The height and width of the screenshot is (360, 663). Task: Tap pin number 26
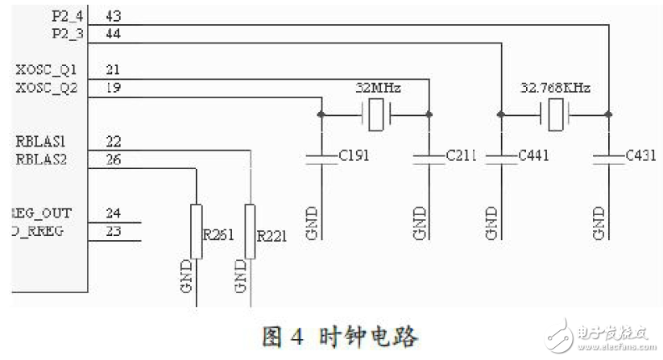(x=114, y=159)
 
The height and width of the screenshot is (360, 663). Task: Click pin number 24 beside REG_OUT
(x=114, y=213)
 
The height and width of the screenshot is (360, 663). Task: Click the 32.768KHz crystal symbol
(x=555, y=116)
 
